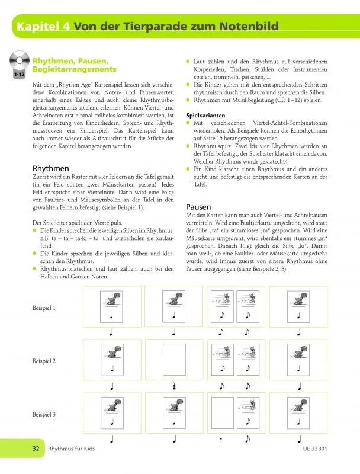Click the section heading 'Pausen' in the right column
(199, 206)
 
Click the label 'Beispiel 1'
(45, 308)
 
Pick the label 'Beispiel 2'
(45, 361)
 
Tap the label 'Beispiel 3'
(45, 414)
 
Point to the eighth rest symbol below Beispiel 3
(221, 440)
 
